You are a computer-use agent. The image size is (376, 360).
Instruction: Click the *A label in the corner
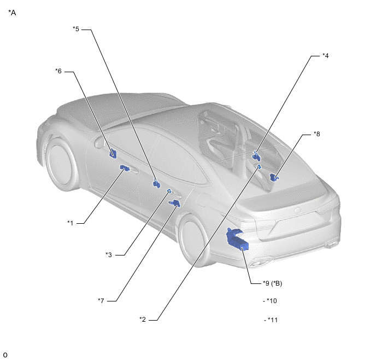click(x=12, y=13)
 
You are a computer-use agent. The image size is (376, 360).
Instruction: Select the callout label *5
click(x=76, y=29)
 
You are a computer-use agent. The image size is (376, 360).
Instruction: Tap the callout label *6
click(x=58, y=71)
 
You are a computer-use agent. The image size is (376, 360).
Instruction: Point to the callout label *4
click(x=325, y=55)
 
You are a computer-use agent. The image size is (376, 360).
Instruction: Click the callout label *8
click(x=317, y=133)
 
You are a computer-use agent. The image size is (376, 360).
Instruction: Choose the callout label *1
click(x=70, y=223)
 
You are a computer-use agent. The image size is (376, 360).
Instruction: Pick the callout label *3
click(x=109, y=254)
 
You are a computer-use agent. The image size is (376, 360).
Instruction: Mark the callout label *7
click(x=101, y=300)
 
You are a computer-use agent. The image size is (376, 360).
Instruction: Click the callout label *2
click(x=143, y=319)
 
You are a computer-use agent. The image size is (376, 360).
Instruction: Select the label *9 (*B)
click(x=272, y=283)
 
